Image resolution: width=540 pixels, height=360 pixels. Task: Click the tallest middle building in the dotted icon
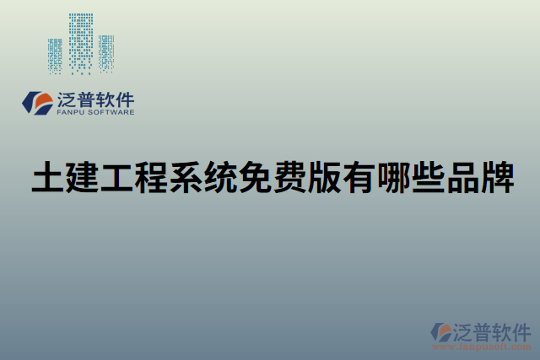coord(81,42)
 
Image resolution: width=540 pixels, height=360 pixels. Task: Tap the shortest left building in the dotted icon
coord(55,56)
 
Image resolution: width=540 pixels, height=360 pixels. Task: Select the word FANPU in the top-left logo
coord(70,111)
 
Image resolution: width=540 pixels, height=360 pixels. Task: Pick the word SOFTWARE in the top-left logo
coord(109,111)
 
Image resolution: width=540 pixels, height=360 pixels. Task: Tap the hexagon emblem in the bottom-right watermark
coord(441,331)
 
